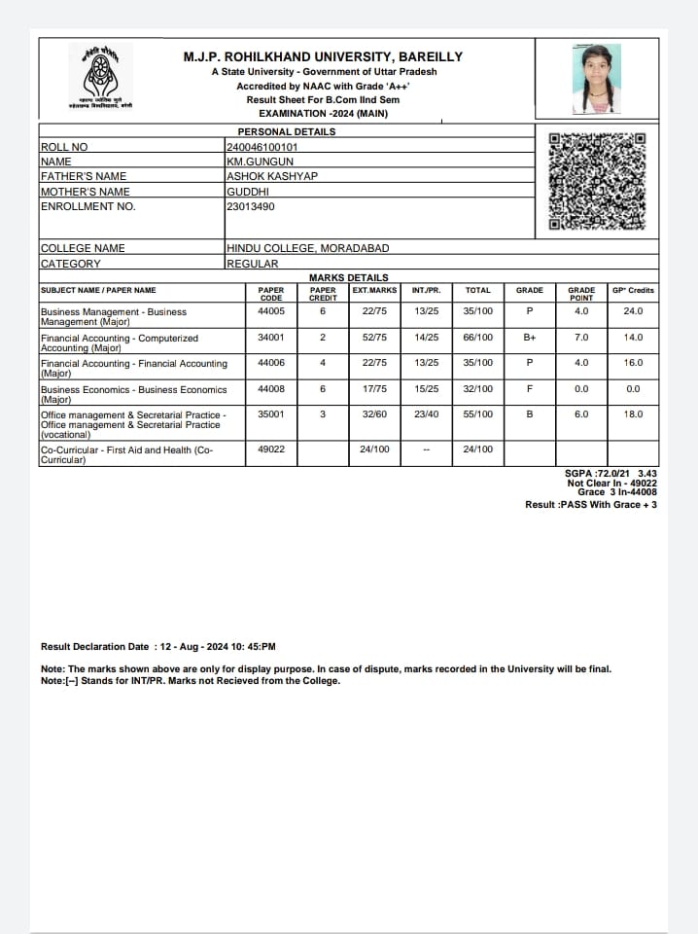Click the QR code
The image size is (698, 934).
(x=597, y=181)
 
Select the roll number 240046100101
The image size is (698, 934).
(x=262, y=148)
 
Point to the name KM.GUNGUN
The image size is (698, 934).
(x=260, y=162)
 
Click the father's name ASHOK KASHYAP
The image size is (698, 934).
(x=271, y=176)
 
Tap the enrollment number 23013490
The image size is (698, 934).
(x=250, y=206)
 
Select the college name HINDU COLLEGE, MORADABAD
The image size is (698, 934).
(x=307, y=248)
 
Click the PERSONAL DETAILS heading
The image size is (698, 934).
(x=287, y=131)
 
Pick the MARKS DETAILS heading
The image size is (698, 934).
(x=348, y=277)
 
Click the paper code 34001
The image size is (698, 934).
(x=271, y=338)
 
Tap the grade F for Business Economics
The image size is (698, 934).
(x=529, y=389)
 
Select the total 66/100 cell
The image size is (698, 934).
(x=477, y=338)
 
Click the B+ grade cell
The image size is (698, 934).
(x=530, y=338)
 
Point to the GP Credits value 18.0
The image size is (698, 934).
(x=633, y=414)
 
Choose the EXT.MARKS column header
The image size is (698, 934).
(x=374, y=290)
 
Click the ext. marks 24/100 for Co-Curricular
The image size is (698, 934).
(x=374, y=449)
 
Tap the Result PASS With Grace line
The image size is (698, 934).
(x=590, y=505)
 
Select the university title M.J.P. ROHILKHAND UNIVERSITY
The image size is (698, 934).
(x=323, y=56)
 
